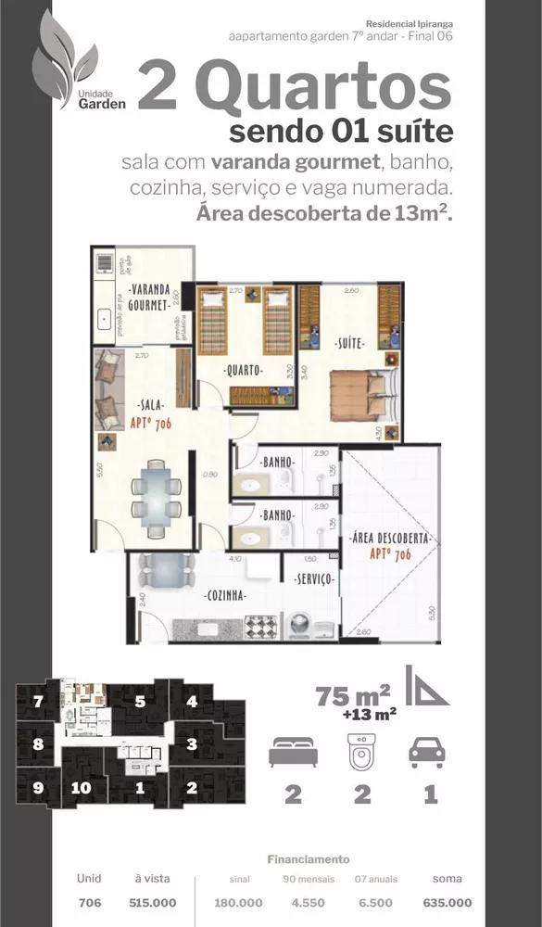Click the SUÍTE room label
[x=349, y=344]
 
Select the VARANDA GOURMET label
[x=148, y=296]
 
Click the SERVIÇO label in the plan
[x=309, y=579]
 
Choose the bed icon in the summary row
[x=293, y=751]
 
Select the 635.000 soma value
[x=447, y=903]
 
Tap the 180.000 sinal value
[x=238, y=903]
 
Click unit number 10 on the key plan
[x=82, y=789]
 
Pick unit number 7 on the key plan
[x=38, y=702]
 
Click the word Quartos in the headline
[x=323, y=88]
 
